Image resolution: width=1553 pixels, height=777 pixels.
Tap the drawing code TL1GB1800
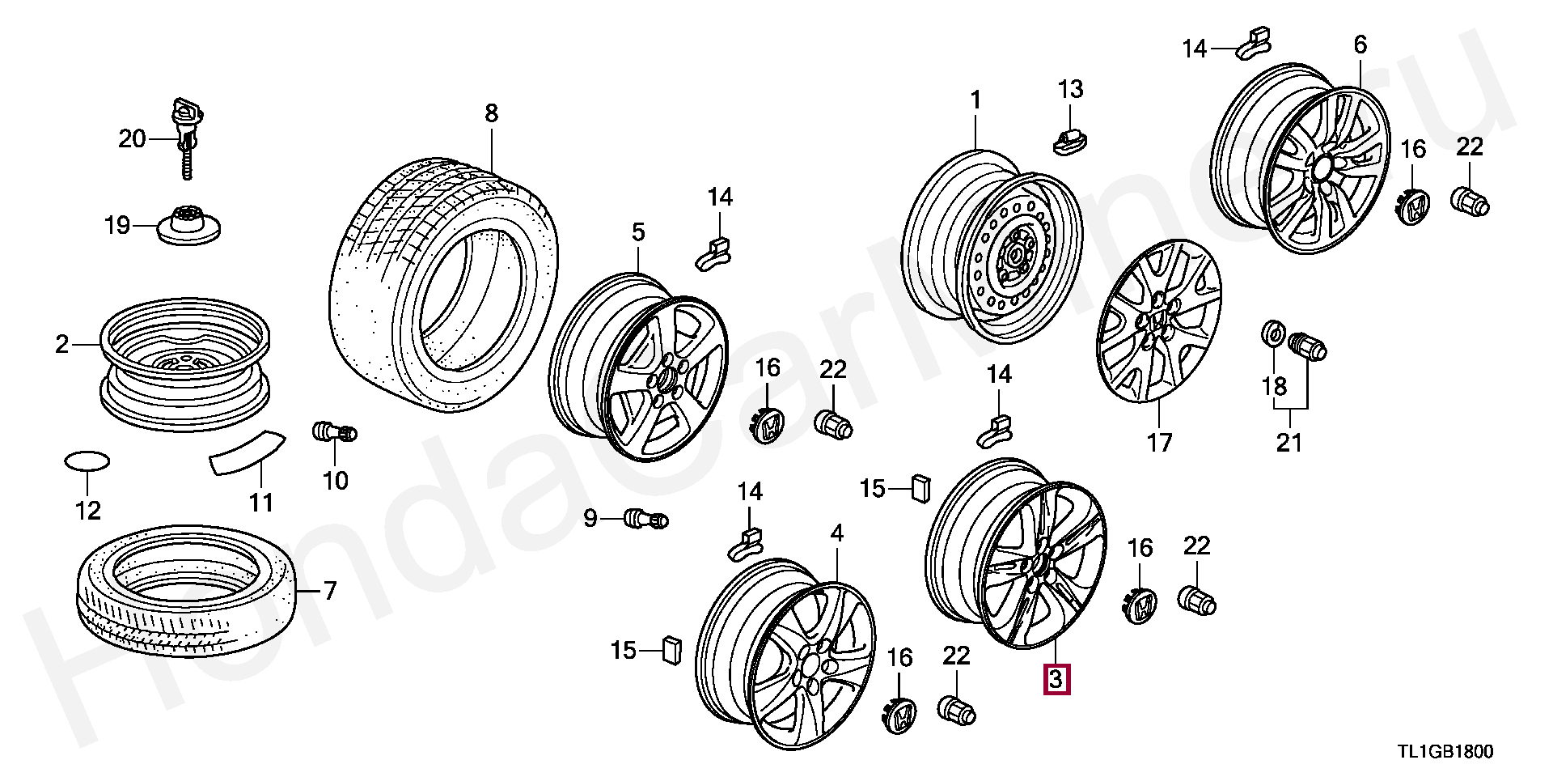point(1445,752)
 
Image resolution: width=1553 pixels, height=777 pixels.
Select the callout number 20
point(132,139)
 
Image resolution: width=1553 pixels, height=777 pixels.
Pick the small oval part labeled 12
point(87,461)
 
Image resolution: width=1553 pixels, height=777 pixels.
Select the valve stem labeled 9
point(646,518)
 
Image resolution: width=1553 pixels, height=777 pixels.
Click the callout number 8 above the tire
point(492,113)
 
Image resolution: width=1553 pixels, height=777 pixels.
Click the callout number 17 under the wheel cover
point(1159,442)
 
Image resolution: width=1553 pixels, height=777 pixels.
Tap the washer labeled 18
point(1272,333)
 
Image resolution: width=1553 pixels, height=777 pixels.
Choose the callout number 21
point(1289,442)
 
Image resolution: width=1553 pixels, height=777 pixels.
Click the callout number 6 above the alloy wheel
point(1360,45)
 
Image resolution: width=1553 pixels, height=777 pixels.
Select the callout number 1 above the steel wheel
point(975,100)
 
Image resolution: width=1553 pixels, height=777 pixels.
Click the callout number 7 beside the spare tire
point(329,592)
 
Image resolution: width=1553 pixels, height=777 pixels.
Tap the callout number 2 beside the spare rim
point(62,345)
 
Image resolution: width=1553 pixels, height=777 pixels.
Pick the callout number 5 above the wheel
point(638,233)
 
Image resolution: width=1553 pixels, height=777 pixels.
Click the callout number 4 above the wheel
point(836,533)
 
